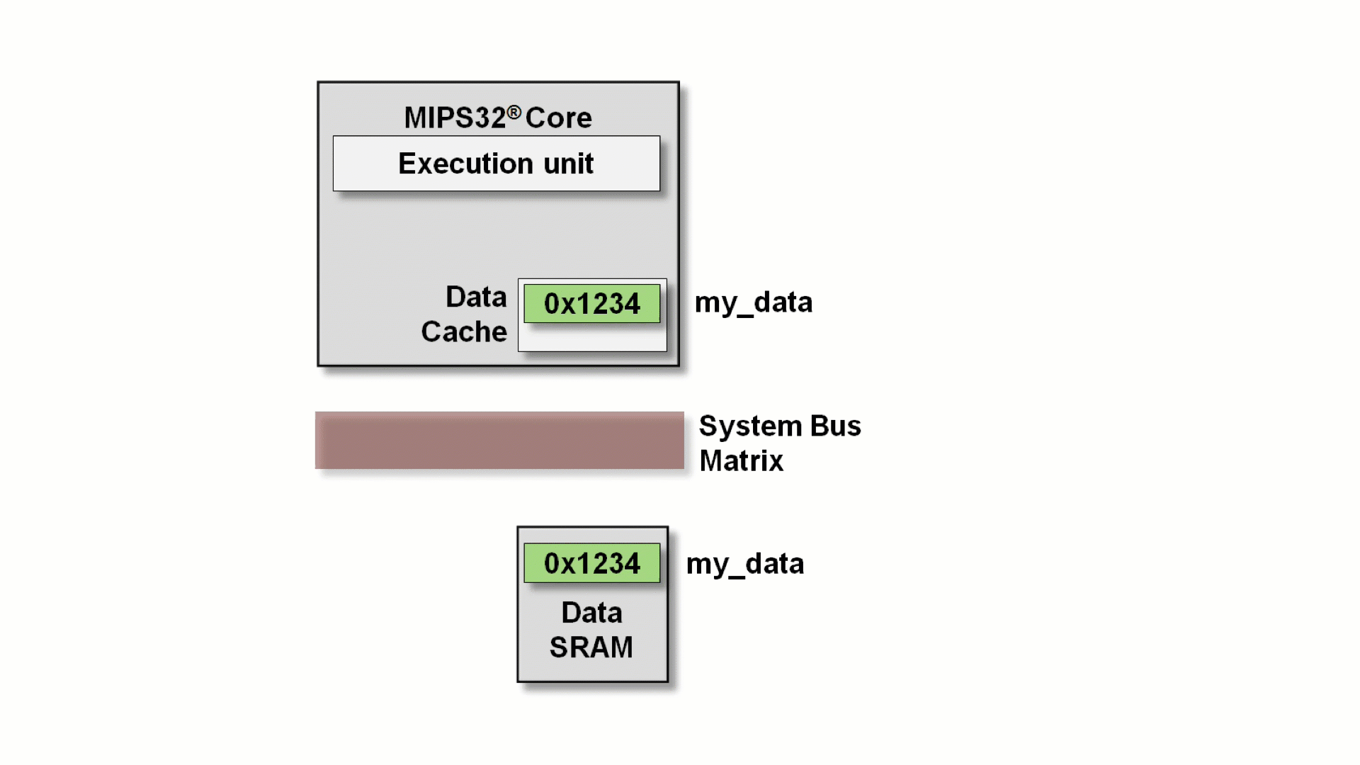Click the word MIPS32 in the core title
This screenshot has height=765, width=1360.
tap(455, 118)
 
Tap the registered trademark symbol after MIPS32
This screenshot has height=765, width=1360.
tap(514, 112)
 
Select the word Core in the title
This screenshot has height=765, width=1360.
tap(558, 118)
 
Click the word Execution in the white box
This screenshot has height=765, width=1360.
tap(465, 164)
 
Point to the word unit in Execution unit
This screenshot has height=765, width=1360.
tap(568, 164)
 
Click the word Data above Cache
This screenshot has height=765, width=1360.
tap(476, 297)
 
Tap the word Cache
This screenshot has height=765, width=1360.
tap(464, 331)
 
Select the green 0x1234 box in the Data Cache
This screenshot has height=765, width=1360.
tap(592, 304)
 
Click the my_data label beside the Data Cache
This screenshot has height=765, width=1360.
tap(753, 303)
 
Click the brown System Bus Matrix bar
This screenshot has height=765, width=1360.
tap(499, 441)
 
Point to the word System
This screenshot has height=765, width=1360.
tap(750, 426)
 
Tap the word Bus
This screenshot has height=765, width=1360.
tap(835, 426)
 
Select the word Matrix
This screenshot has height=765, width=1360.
tap(741, 461)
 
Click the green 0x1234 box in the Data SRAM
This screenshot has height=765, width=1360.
tap(592, 564)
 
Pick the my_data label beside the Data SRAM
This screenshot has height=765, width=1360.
tap(744, 565)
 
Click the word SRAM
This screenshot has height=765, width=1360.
tap(591, 647)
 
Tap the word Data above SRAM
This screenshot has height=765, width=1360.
tap(591, 613)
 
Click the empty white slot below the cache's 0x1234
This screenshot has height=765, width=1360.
tap(592, 338)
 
